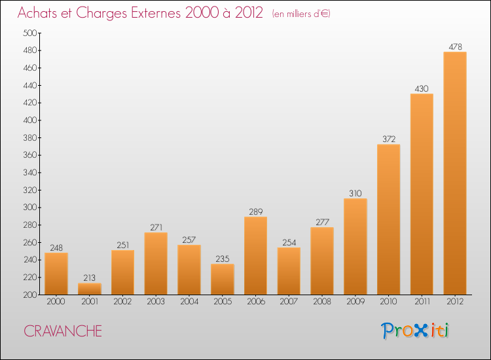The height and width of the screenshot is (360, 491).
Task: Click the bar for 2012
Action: (454, 173)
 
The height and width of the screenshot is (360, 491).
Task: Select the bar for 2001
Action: (90, 289)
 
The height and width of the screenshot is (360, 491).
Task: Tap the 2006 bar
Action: (255, 255)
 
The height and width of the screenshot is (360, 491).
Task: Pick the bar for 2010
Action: (388, 219)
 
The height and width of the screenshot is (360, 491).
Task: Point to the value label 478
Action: (454, 46)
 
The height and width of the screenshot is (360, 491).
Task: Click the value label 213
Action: (90, 278)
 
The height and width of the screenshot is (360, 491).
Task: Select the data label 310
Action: (355, 193)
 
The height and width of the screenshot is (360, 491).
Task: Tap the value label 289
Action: (255, 211)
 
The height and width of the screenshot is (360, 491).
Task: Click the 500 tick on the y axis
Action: (30, 33)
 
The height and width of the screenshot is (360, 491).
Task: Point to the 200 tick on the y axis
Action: (30, 295)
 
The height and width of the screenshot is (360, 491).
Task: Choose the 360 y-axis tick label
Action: (30, 155)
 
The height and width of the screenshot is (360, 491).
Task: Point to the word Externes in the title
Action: (155, 13)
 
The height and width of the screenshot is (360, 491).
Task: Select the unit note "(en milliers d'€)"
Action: (300, 14)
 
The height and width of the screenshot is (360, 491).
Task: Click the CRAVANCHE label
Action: (63, 331)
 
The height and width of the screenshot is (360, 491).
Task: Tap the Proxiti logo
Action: (415, 331)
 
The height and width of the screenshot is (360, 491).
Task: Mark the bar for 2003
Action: (156, 263)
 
